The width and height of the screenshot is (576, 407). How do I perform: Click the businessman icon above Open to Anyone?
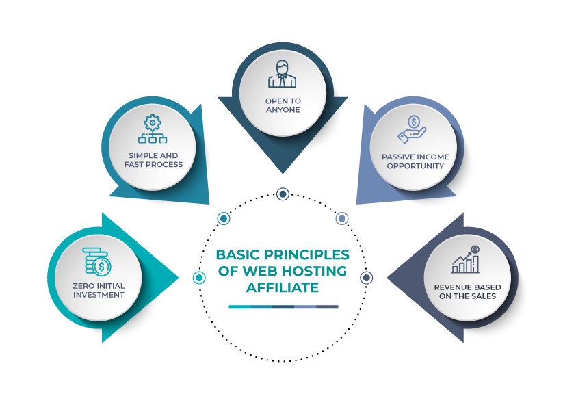tap(283, 75)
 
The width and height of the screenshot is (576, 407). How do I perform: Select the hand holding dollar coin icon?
tap(413, 128)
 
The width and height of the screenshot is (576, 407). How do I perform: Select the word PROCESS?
tap(167, 165)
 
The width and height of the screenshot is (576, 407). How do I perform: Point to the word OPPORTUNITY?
tap(415, 166)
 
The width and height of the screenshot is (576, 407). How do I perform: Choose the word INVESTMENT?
tap(99, 296)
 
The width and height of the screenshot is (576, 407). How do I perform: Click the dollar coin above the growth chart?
tap(475, 250)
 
